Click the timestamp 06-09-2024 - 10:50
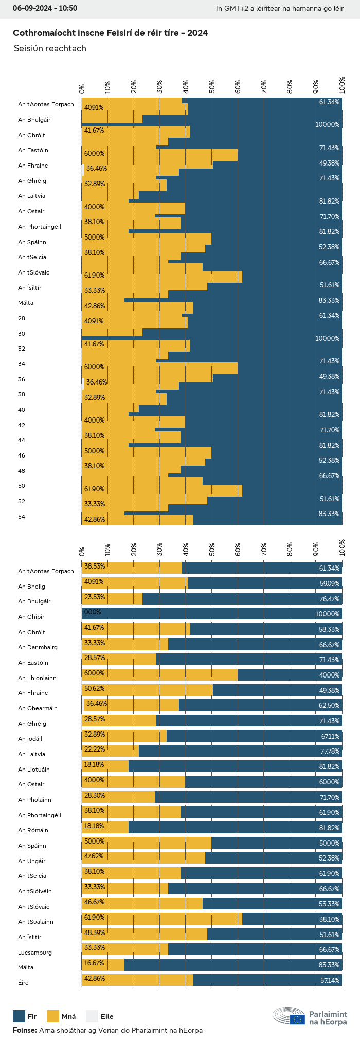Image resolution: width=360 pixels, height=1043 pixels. (x=45, y=8)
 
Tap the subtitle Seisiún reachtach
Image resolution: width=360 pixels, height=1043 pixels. (x=50, y=48)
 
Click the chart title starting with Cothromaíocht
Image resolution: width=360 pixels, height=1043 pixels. (x=110, y=33)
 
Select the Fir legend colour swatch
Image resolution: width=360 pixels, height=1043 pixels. (x=19, y=1016)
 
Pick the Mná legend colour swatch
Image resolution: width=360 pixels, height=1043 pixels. (x=53, y=1016)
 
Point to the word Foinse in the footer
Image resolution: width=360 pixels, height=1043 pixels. (x=24, y=1030)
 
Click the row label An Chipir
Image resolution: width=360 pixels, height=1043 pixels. (x=31, y=617)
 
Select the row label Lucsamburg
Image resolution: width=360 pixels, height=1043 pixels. (x=35, y=953)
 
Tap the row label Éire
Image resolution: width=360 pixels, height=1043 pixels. (x=24, y=983)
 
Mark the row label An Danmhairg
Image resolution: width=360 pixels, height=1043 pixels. (x=38, y=647)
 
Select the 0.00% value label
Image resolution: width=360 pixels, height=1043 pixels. (x=93, y=612)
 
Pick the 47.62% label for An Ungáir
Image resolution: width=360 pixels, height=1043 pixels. (x=94, y=856)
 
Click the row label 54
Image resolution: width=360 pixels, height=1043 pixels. (x=22, y=517)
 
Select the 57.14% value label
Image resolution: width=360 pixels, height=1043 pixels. (x=330, y=980)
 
